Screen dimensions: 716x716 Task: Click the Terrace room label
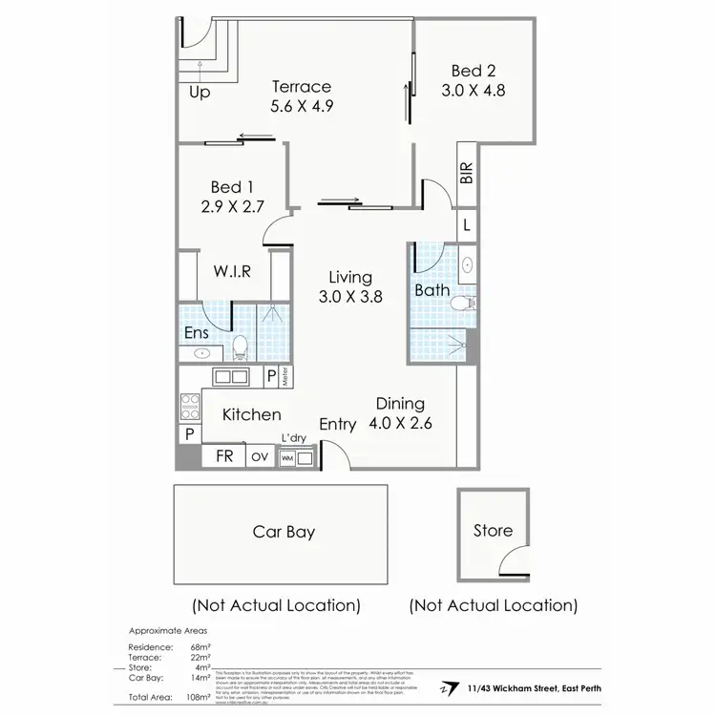(x=301, y=87)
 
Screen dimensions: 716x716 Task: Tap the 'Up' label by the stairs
(x=200, y=93)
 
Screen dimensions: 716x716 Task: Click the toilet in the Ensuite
(x=241, y=347)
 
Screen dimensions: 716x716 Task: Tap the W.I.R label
(x=232, y=271)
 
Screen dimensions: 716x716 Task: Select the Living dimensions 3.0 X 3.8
(x=350, y=296)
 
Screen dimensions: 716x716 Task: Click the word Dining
(x=400, y=404)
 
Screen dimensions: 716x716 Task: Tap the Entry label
(x=338, y=425)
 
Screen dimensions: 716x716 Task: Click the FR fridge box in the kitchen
(x=224, y=456)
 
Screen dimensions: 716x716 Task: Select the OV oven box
(x=260, y=457)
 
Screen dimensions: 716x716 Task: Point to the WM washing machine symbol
(x=286, y=458)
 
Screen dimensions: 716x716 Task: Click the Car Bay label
(x=284, y=532)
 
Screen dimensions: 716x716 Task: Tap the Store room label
(x=493, y=531)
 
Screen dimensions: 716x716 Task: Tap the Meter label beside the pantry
(x=285, y=377)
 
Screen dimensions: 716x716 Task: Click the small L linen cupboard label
(x=466, y=225)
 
